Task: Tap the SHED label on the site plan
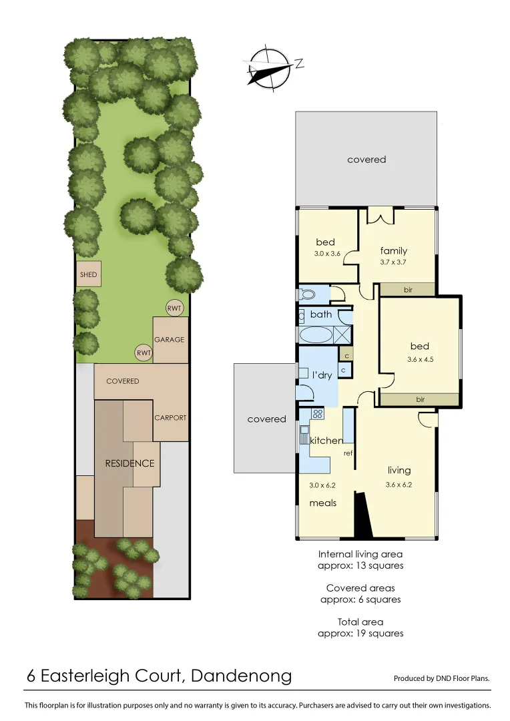(x=88, y=274)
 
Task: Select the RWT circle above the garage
(x=174, y=308)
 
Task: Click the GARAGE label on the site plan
(x=169, y=340)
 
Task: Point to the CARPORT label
(x=170, y=418)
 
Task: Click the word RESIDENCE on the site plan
(x=130, y=463)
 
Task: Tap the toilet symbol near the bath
(x=308, y=293)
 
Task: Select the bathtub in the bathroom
(x=314, y=334)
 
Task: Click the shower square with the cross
(x=342, y=334)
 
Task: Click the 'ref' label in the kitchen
(x=348, y=453)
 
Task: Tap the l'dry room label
(x=320, y=375)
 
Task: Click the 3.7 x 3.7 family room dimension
(x=393, y=262)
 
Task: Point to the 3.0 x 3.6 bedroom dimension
(x=327, y=254)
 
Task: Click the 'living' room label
(x=399, y=470)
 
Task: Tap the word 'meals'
(x=322, y=503)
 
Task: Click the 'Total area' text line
(x=360, y=622)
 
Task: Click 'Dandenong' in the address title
(x=241, y=676)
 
